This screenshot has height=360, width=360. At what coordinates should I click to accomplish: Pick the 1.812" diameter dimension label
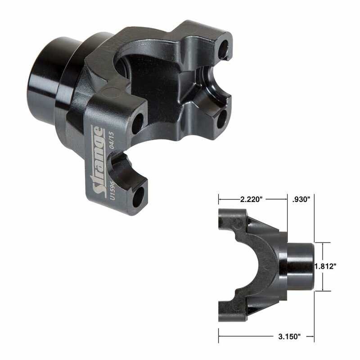(x=326, y=266)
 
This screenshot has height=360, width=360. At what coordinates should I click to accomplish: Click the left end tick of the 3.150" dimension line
(x=219, y=335)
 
